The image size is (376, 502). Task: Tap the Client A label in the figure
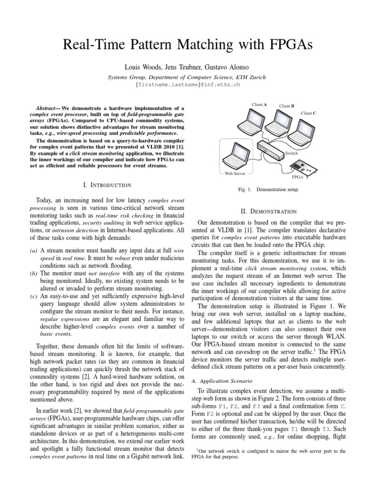point(259,104)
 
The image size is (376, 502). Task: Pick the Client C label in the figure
point(308,113)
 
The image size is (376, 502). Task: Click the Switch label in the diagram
point(292,153)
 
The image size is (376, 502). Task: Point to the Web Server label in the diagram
point(235,173)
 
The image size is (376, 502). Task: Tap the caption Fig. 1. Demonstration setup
point(273,189)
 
